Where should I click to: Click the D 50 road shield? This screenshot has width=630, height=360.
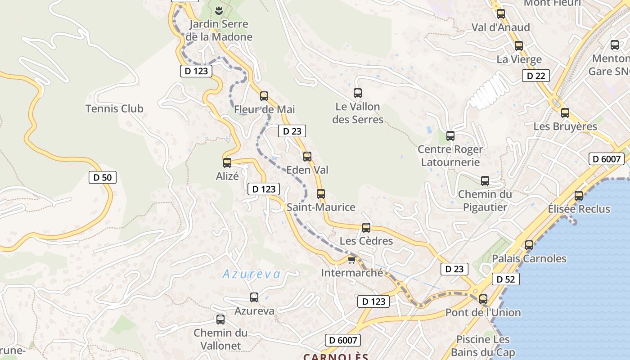point(103,177)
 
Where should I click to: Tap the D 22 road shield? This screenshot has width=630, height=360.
point(536,76)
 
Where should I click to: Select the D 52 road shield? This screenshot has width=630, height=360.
point(506,279)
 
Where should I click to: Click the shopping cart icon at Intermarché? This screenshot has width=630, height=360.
point(351,260)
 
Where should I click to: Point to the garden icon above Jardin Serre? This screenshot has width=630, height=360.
point(219,10)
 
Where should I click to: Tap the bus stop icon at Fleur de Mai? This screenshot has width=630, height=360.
point(264,96)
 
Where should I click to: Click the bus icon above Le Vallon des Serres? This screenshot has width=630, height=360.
point(358,93)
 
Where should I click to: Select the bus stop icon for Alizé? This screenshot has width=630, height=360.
point(227,162)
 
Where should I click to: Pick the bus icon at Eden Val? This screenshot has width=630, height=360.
point(307,156)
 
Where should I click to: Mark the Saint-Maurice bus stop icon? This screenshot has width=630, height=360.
point(321,194)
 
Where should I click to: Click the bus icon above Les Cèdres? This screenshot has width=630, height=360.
point(366,227)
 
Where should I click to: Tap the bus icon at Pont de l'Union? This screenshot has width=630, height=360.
point(483,299)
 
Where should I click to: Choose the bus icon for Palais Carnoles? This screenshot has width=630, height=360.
point(529,245)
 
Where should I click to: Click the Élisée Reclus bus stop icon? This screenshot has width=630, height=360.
point(579,196)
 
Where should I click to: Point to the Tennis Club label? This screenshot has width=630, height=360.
point(114,108)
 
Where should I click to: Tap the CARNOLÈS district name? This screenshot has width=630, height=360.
point(336,356)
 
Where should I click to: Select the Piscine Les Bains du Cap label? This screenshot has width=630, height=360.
point(483,346)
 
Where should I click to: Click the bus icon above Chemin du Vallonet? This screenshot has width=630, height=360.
point(220,319)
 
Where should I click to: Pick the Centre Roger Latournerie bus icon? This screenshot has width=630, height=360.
point(450,135)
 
